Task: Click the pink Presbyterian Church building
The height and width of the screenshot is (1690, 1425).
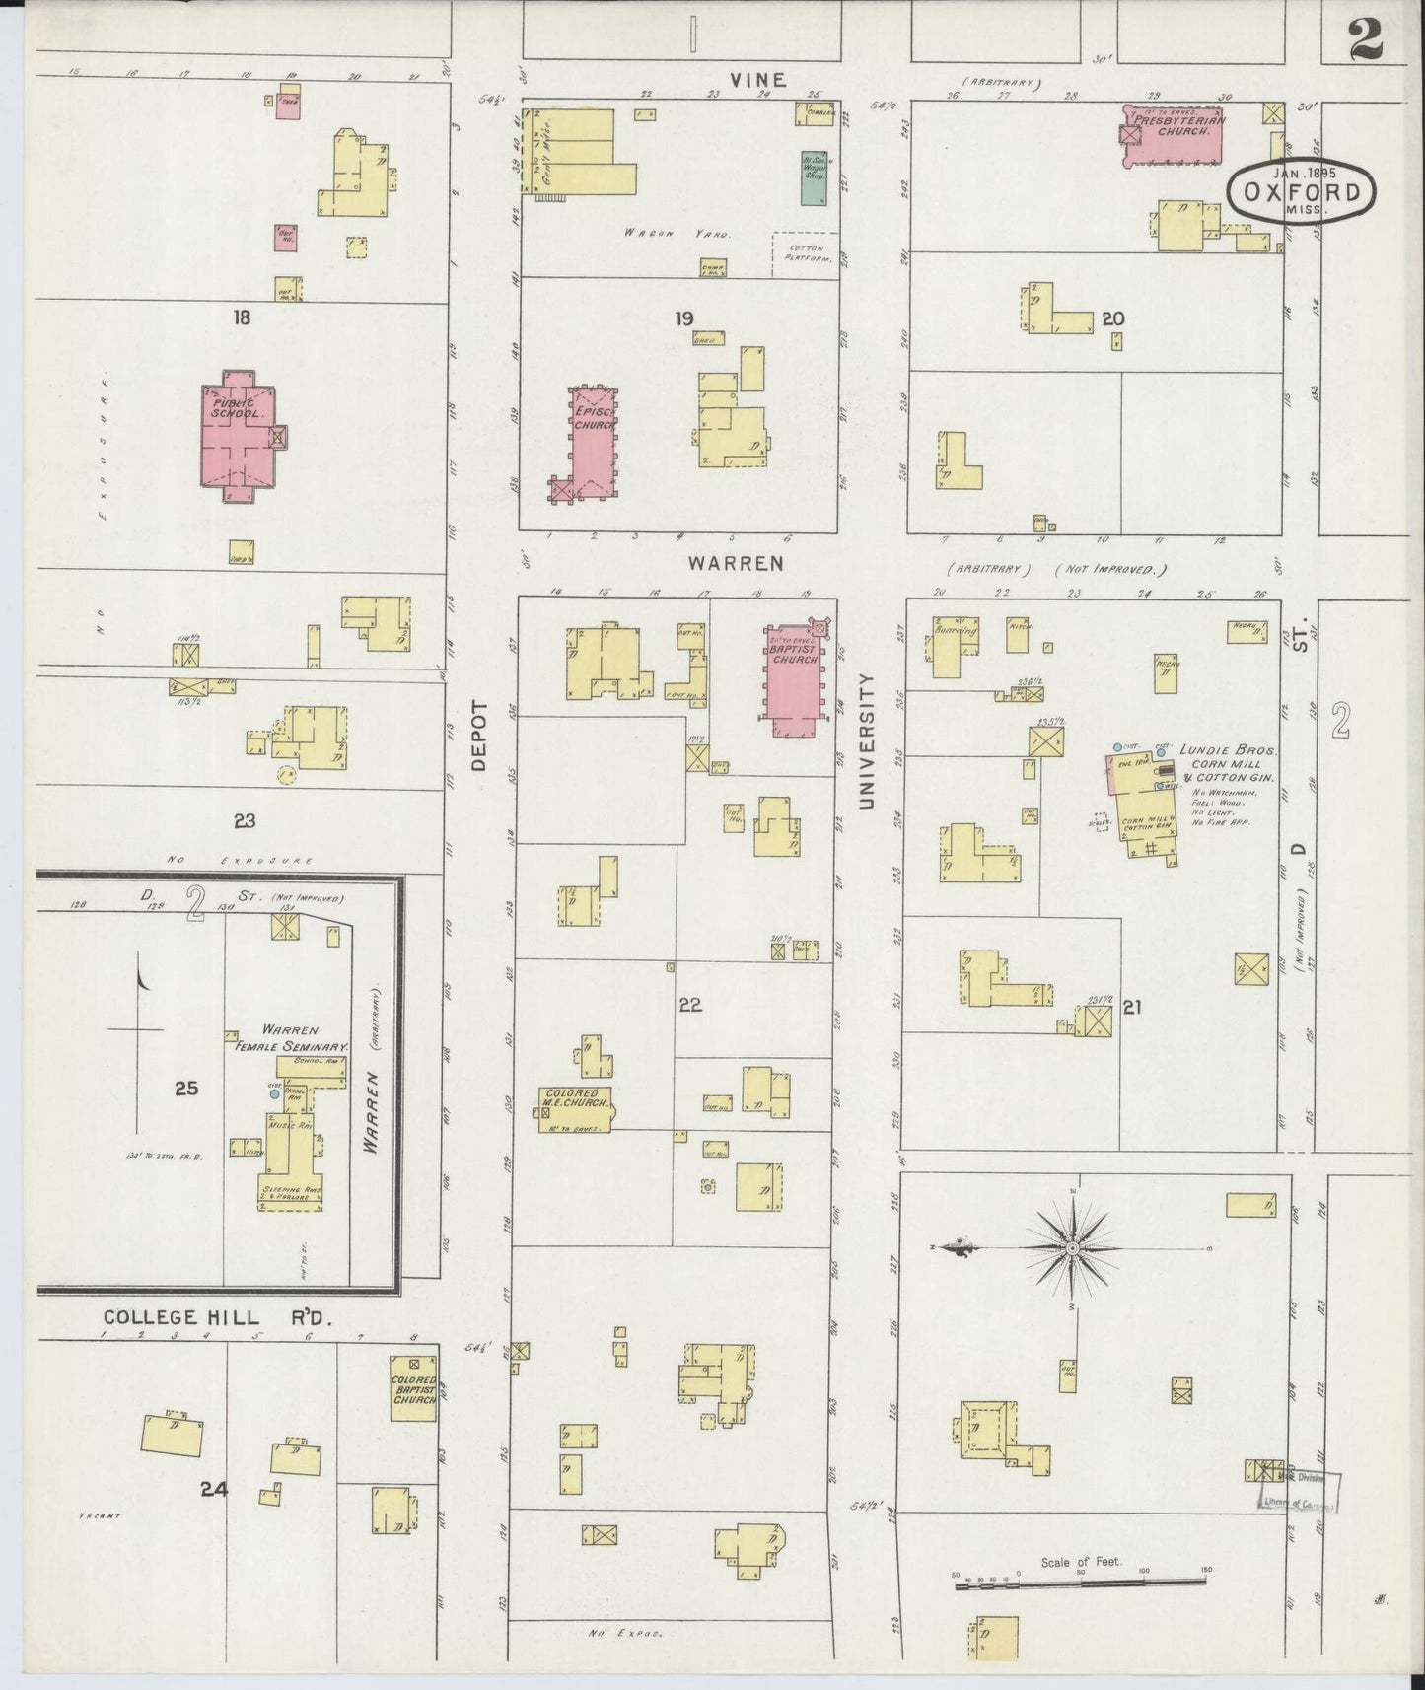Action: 1175,135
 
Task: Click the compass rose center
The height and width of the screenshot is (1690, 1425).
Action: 1072,1249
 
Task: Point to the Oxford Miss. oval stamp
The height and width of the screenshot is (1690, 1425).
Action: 1302,191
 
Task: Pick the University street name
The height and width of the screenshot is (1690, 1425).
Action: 867,741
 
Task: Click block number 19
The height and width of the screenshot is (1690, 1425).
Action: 684,317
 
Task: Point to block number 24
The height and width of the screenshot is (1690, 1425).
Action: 214,1489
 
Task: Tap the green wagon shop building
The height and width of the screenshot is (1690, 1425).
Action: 814,177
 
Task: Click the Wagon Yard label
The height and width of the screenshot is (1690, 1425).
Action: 676,234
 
